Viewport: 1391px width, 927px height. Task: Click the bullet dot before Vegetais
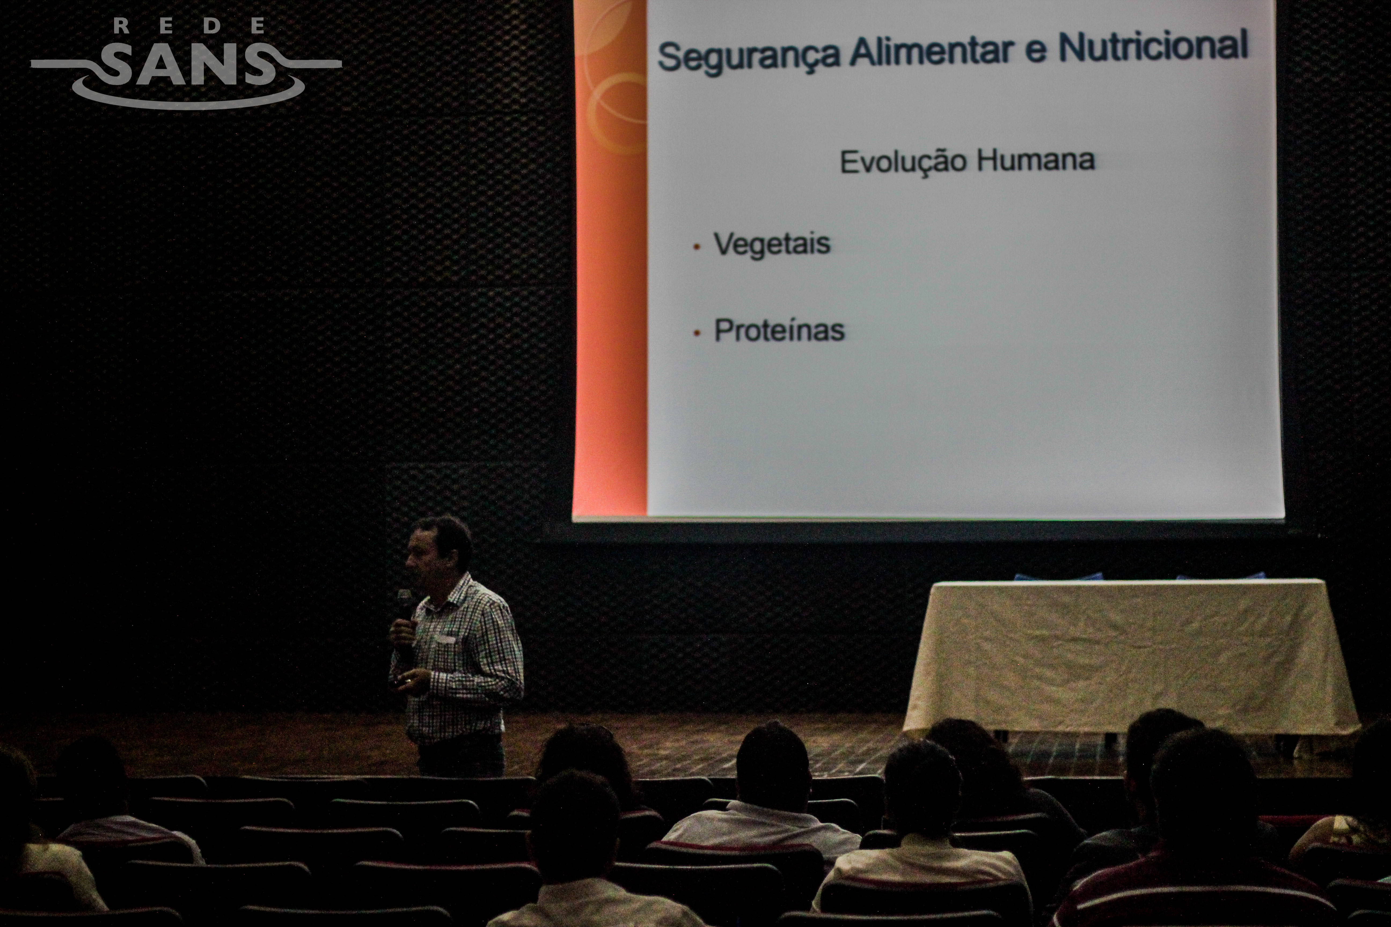pyautogui.click(x=697, y=247)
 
